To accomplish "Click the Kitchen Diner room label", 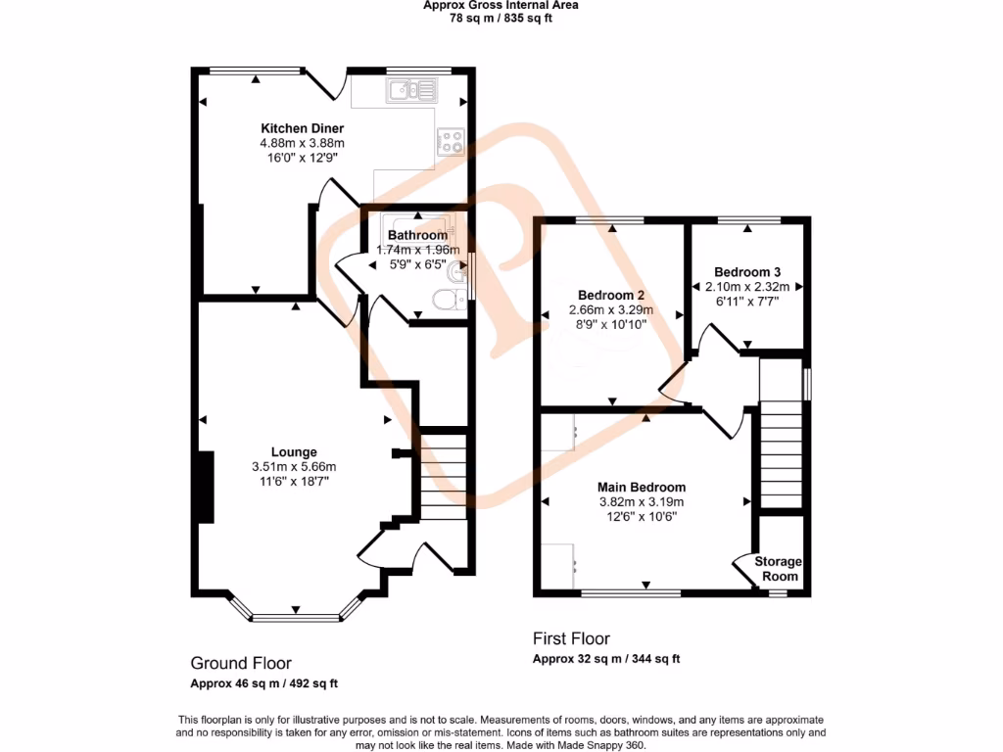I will [x=302, y=128].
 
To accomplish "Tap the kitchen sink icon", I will [x=413, y=92].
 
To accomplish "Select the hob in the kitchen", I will [x=451, y=142].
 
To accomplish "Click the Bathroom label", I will [x=417, y=235].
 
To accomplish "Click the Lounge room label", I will [x=294, y=452].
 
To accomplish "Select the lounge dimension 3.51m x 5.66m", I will [x=294, y=467].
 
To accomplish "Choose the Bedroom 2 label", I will [x=610, y=296].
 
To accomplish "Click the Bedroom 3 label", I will [x=747, y=272].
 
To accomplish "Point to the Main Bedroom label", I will [x=642, y=488].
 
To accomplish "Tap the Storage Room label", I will [x=778, y=569].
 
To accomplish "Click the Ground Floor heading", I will [x=241, y=663].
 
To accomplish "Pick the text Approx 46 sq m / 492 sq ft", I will [x=263, y=683].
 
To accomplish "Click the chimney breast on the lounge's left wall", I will [x=206, y=488].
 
